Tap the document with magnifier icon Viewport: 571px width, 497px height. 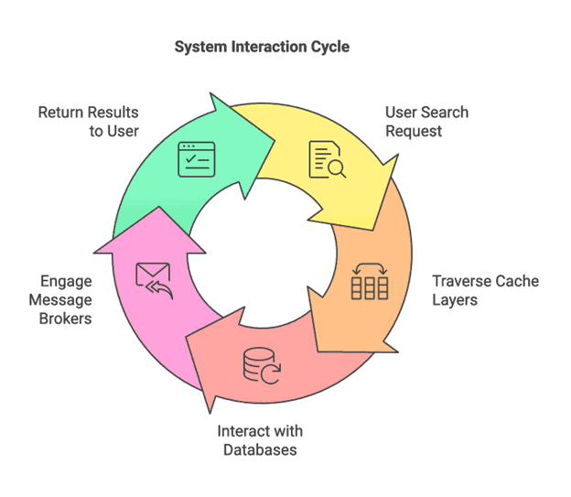click(x=327, y=159)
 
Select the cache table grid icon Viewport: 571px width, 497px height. click(x=371, y=282)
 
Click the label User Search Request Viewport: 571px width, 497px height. click(x=426, y=122)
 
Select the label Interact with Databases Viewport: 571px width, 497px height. click(x=260, y=440)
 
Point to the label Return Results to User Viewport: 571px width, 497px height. click(x=88, y=122)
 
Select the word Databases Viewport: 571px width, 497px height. click(x=260, y=449)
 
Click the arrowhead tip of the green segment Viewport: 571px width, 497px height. click(x=275, y=138)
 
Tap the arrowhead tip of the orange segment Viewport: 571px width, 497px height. click(x=319, y=351)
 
